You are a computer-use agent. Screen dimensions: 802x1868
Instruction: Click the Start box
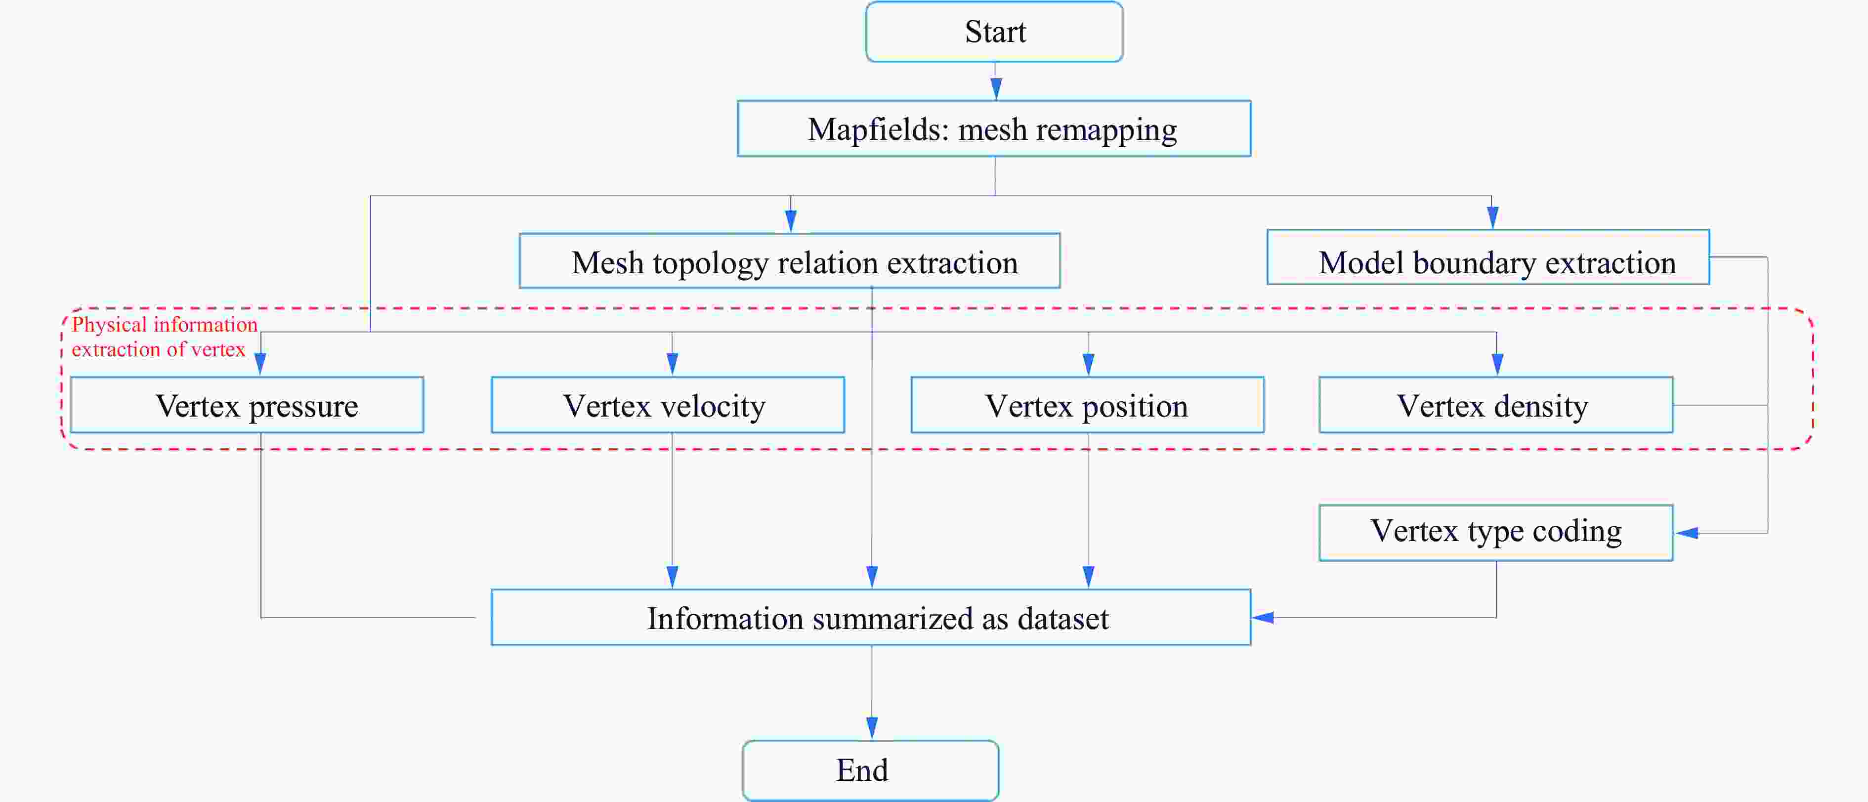[994, 32]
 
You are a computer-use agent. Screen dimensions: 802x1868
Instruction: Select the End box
[870, 770]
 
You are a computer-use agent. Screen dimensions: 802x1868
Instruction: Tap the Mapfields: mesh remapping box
[993, 129]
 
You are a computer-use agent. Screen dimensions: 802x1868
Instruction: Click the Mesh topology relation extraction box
[790, 261]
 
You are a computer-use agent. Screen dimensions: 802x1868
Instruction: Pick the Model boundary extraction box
[1488, 258]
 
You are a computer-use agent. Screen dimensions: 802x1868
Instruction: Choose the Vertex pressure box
[247, 405]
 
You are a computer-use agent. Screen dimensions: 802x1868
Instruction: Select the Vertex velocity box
[668, 405]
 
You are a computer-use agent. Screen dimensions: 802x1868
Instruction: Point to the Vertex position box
[1087, 405]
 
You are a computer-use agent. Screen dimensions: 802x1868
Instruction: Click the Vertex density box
[1495, 405]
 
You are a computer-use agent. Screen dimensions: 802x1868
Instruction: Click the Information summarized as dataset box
[871, 618]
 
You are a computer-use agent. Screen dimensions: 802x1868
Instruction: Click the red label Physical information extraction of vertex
[164, 337]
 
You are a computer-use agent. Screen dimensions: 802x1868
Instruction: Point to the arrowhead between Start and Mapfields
[996, 88]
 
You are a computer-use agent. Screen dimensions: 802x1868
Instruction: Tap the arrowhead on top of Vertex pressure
[260, 363]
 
